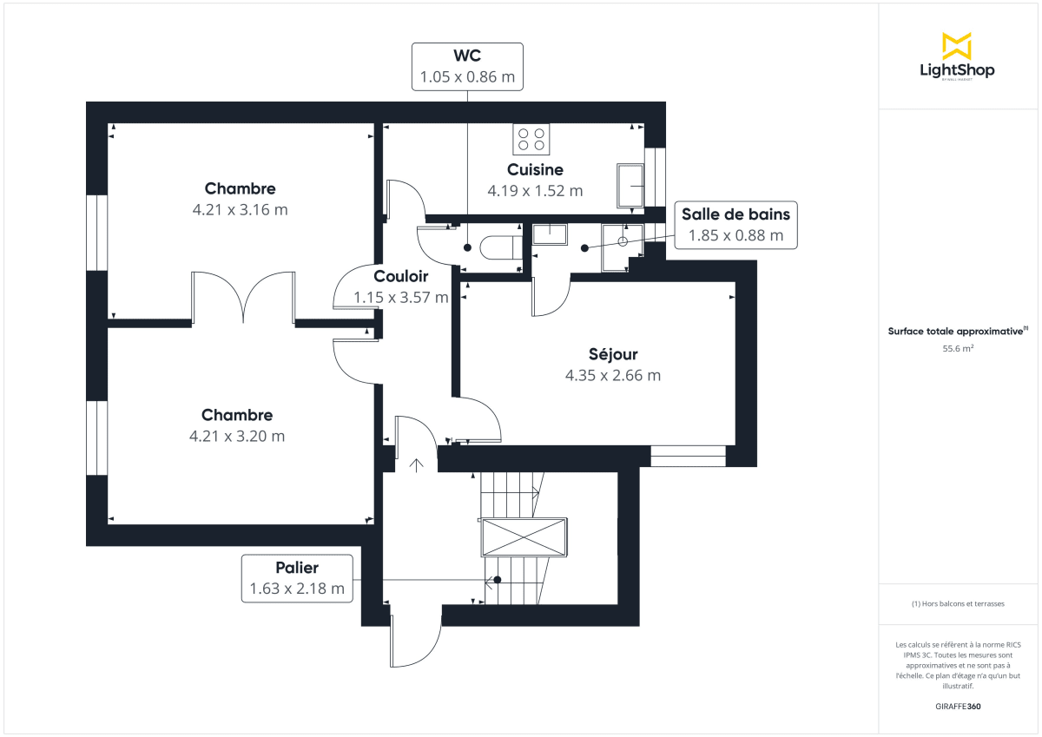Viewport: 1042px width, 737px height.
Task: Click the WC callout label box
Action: (467, 66)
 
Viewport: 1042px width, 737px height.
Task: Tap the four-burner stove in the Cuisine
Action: (531, 139)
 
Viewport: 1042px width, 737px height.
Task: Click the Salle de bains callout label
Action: (735, 225)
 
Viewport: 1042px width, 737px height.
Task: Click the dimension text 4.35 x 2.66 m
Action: (612, 376)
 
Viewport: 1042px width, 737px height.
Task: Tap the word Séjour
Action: (612, 354)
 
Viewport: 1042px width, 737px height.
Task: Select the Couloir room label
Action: (400, 276)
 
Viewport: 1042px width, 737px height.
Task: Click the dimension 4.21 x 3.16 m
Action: (240, 209)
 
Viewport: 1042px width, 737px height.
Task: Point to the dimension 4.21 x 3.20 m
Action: (237, 436)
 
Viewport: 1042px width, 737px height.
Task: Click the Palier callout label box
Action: (297, 579)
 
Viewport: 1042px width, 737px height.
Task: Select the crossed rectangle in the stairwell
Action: (524, 537)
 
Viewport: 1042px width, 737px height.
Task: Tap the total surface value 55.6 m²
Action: (957, 349)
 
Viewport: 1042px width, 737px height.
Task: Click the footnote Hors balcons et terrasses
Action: (957, 603)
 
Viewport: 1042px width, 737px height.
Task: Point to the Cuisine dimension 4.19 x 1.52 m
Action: (535, 191)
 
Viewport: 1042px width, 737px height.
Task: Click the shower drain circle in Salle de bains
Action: (623, 240)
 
